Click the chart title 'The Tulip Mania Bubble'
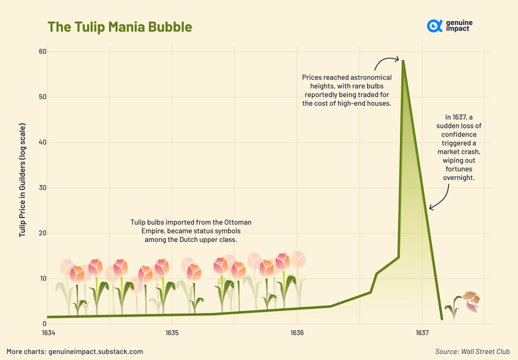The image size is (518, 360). [119, 27]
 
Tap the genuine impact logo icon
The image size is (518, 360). [434, 26]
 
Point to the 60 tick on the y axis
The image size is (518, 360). [42, 51]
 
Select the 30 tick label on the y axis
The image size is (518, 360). [42, 187]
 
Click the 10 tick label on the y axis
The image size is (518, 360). [42, 278]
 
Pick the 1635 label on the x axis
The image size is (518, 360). [172, 333]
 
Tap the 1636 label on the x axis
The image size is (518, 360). [297, 333]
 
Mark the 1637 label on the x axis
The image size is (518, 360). [422, 333]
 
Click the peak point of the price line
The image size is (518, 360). [403, 60]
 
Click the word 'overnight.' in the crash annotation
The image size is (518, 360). [458, 177]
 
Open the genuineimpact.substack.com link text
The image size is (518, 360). [95, 351]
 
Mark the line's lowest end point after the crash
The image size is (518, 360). [442, 318]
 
